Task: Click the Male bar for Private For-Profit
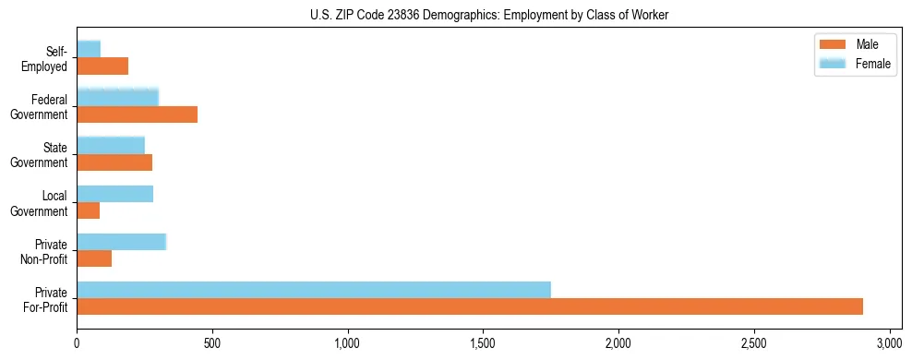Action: coord(470,306)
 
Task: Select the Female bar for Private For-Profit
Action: coord(314,289)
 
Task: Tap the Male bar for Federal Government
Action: coord(137,114)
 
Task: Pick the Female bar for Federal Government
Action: coord(117,97)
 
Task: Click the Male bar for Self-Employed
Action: coord(102,66)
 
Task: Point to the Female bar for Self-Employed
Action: coord(89,49)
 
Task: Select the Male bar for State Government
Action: coord(114,162)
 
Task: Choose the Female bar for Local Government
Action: coord(114,193)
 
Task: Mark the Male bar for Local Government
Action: coord(88,210)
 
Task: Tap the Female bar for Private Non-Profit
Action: coord(121,241)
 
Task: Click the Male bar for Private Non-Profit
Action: coord(94,258)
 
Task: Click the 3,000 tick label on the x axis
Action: coord(889,343)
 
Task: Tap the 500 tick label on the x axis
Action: coord(212,343)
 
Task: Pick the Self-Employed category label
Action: coord(48,59)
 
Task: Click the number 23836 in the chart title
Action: coord(414,16)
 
